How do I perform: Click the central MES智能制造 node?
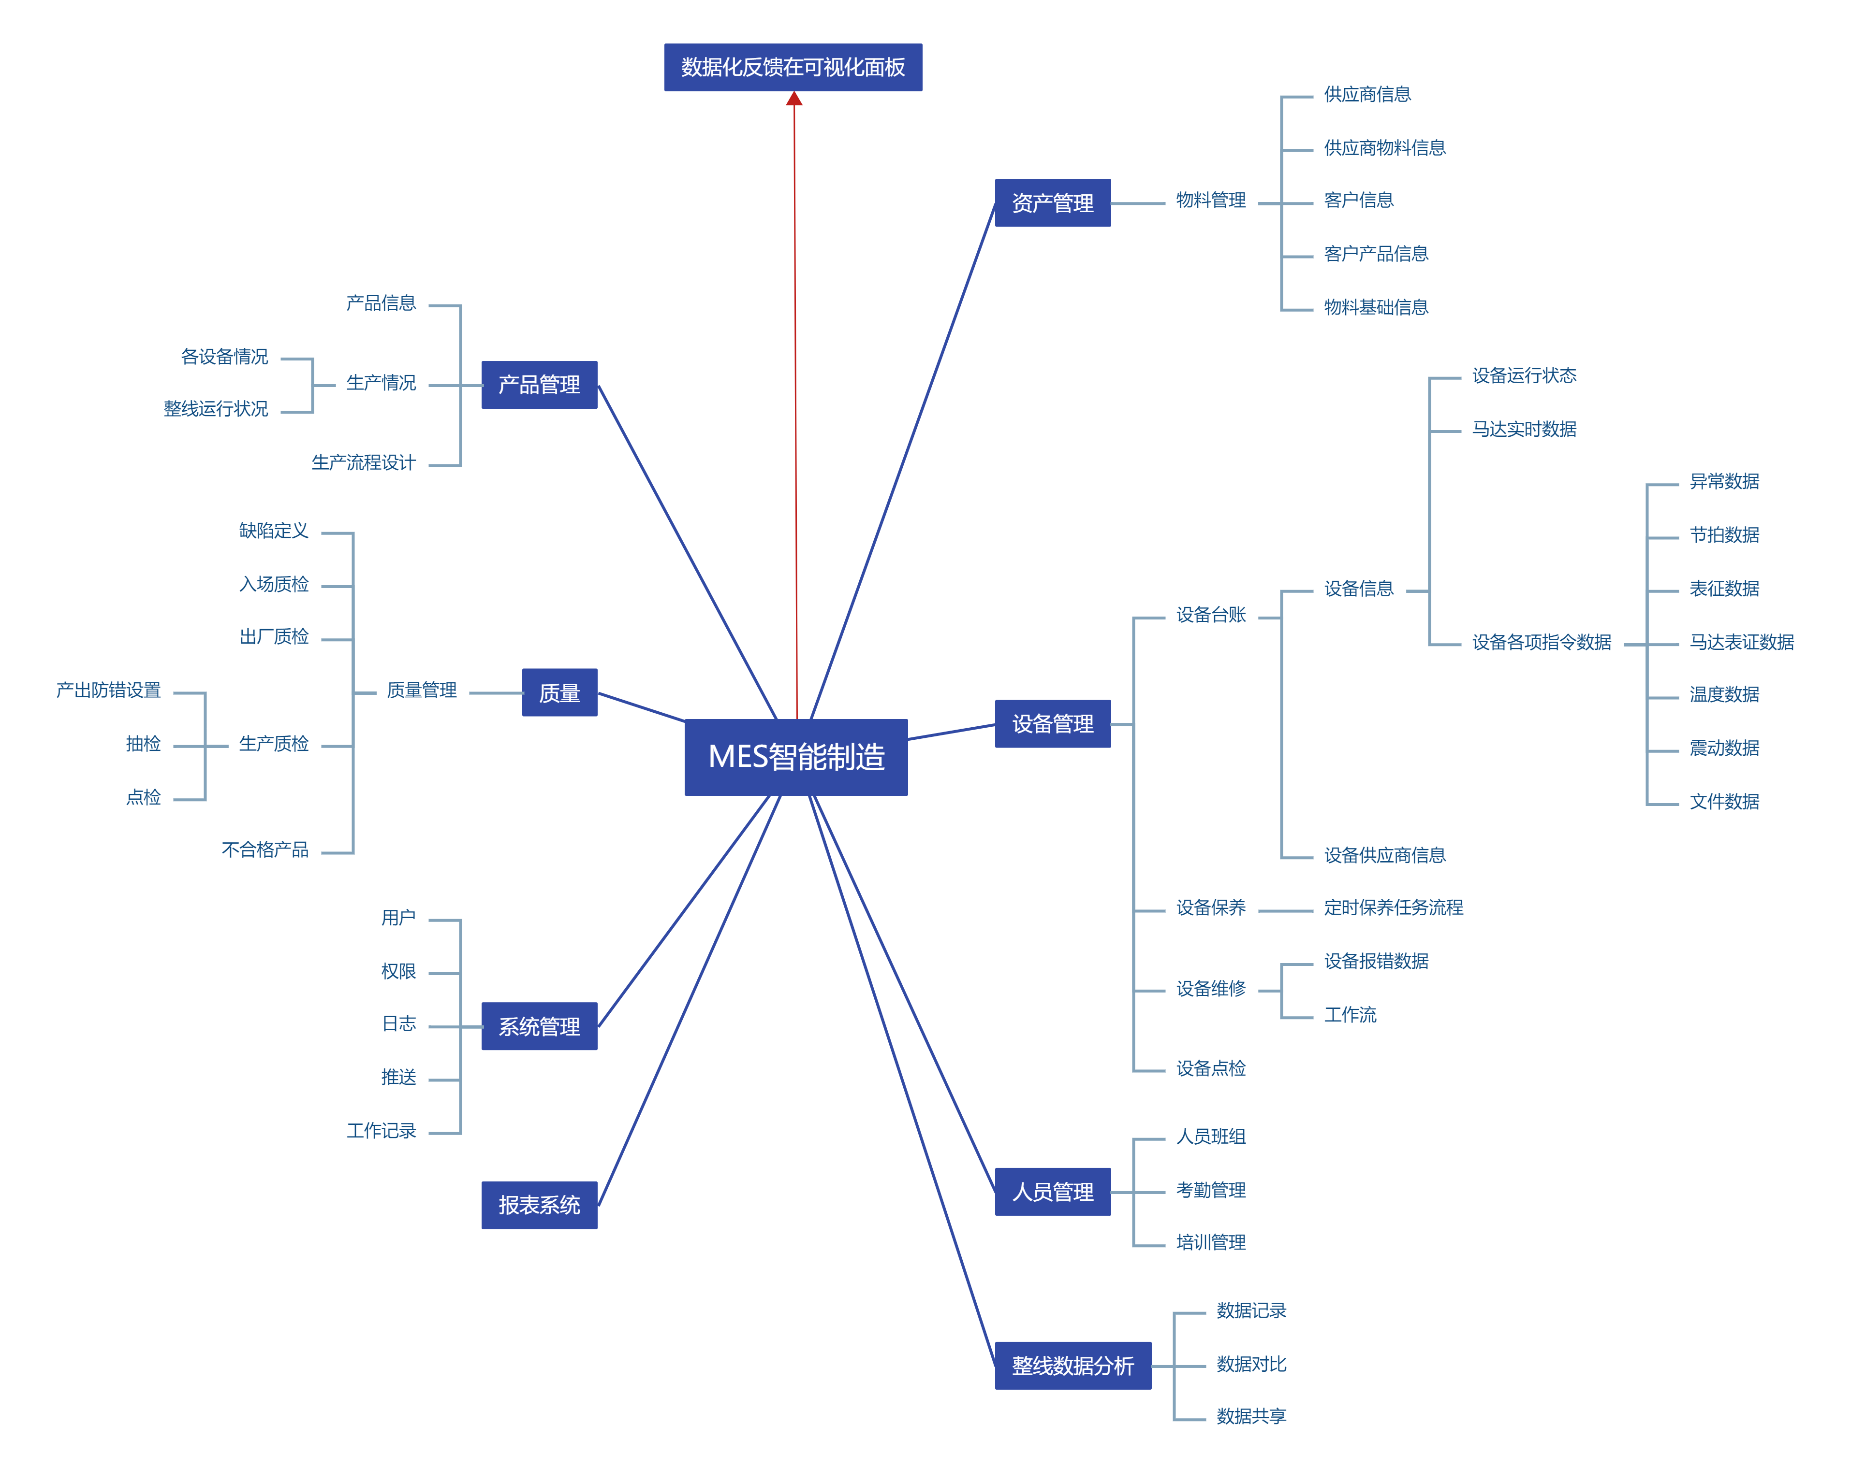pyautogui.click(x=796, y=757)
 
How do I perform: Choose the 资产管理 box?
pyautogui.click(x=1053, y=203)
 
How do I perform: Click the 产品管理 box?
pyautogui.click(x=539, y=385)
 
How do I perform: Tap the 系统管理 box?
pyautogui.click(x=539, y=1026)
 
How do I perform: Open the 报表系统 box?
pyautogui.click(x=539, y=1205)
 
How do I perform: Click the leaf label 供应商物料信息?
pyautogui.click(x=1384, y=147)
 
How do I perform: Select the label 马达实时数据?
pyautogui.click(x=1524, y=429)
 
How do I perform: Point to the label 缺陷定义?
pyautogui.click(x=274, y=531)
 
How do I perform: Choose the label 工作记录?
pyautogui.click(x=381, y=1131)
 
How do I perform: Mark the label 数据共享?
pyautogui.click(x=1251, y=1416)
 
